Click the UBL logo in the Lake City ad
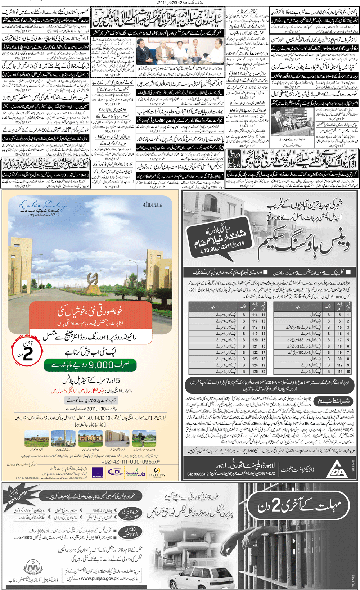coord(116,472)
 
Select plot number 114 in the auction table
coord(255,315)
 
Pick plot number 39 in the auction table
coord(339,359)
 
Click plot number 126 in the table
coord(255,371)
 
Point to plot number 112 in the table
coord(339,365)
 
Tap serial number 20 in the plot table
coord(264,371)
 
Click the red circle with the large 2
coord(27,352)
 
